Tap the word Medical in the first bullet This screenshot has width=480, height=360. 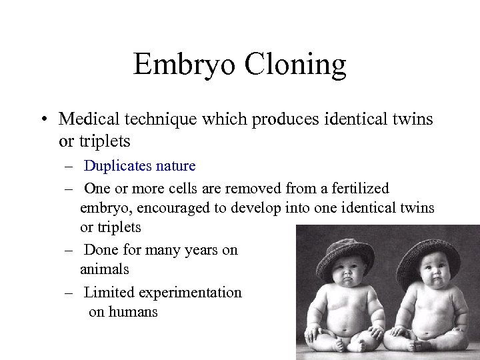(x=85, y=119)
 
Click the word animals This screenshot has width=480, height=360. (x=104, y=269)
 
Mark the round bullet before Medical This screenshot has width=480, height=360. (x=43, y=120)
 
